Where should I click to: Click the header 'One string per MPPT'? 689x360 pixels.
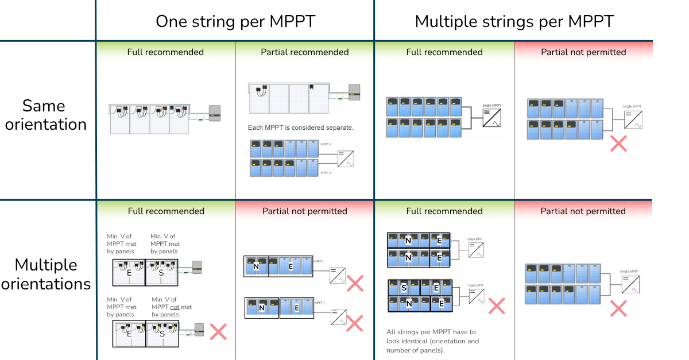pyautogui.click(x=235, y=22)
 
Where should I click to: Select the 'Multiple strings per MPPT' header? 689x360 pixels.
pyautogui.click(x=514, y=22)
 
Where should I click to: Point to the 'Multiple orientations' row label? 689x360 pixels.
pyautogui.click(x=46, y=274)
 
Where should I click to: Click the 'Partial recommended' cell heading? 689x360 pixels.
pyautogui.click(x=305, y=52)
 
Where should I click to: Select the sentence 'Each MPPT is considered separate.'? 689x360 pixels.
pyautogui.click(x=300, y=127)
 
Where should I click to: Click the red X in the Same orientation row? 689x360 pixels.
pyautogui.click(x=618, y=144)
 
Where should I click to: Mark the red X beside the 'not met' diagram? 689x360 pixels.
pyautogui.click(x=218, y=331)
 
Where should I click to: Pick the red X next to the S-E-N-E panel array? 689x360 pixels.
pyautogui.click(x=496, y=305)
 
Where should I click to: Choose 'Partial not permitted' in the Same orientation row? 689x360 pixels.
pyautogui.click(x=583, y=52)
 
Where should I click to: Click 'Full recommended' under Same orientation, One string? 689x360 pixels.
pyautogui.click(x=165, y=52)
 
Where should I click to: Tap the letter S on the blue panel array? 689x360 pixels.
pyautogui.click(x=405, y=288)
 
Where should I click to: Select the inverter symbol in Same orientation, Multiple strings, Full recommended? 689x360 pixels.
pyautogui.click(x=491, y=117)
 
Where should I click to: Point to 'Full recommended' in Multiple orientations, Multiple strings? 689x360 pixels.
pyautogui.click(x=444, y=211)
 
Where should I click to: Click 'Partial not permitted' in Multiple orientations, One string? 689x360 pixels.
pyautogui.click(x=305, y=211)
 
